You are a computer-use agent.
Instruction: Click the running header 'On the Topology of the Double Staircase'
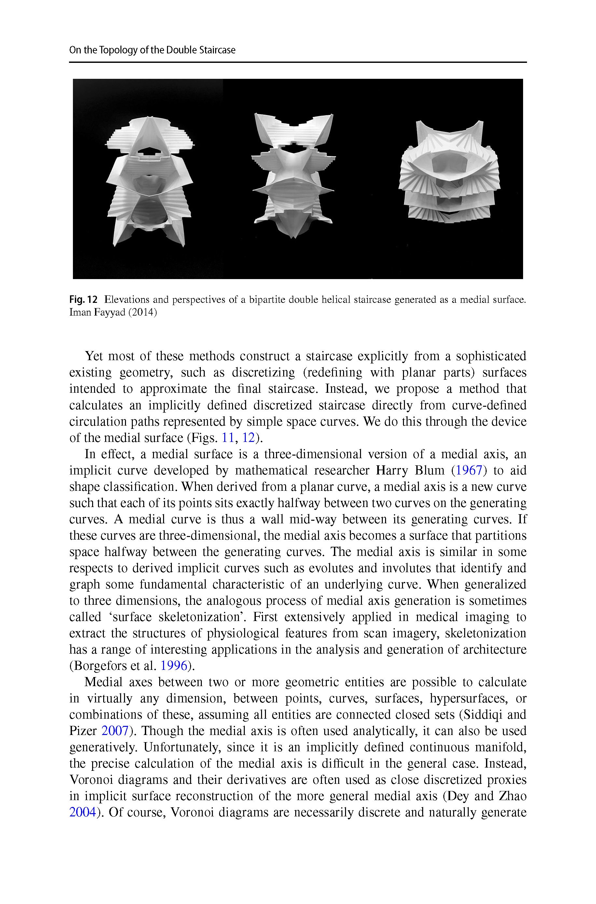pyautogui.click(x=152, y=50)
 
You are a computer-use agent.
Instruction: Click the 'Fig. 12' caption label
pyautogui.click(x=84, y=300)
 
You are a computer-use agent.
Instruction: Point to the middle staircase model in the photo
pyautogui.click(x=293, y=175)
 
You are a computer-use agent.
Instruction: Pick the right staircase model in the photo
pyautogui.click(x=450, y=171)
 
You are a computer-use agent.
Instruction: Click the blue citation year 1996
pyautogui.click(x=174, y=666)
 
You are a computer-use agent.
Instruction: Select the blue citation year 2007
pyautogui.click(x=115, y=731)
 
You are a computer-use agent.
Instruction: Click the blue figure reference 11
pyautogui.click(x=227, y=438)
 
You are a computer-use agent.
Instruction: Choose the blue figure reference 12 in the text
pyautogui.click(x=248, y=438)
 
